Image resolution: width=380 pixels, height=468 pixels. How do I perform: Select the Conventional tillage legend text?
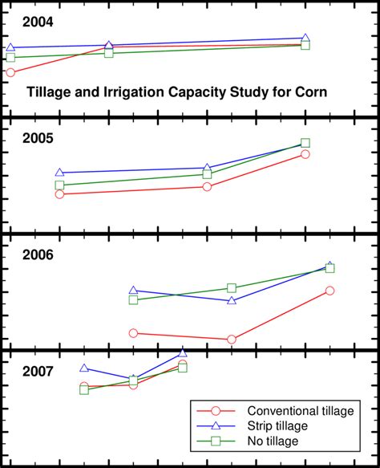300,411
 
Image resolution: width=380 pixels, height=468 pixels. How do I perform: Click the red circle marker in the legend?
215,411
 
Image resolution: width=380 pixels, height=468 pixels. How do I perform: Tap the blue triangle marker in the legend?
215,426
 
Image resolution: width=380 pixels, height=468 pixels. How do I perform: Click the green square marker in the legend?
215,442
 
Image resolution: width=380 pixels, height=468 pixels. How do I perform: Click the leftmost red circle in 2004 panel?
10,73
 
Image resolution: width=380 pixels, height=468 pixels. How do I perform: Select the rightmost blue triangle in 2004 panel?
305,38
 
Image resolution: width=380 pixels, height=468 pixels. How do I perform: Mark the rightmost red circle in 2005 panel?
305,153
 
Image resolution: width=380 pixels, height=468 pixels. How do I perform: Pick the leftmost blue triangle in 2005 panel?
59,172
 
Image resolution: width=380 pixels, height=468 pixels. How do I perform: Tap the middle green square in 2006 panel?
232,288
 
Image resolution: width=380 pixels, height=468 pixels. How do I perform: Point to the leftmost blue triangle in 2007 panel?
84,368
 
